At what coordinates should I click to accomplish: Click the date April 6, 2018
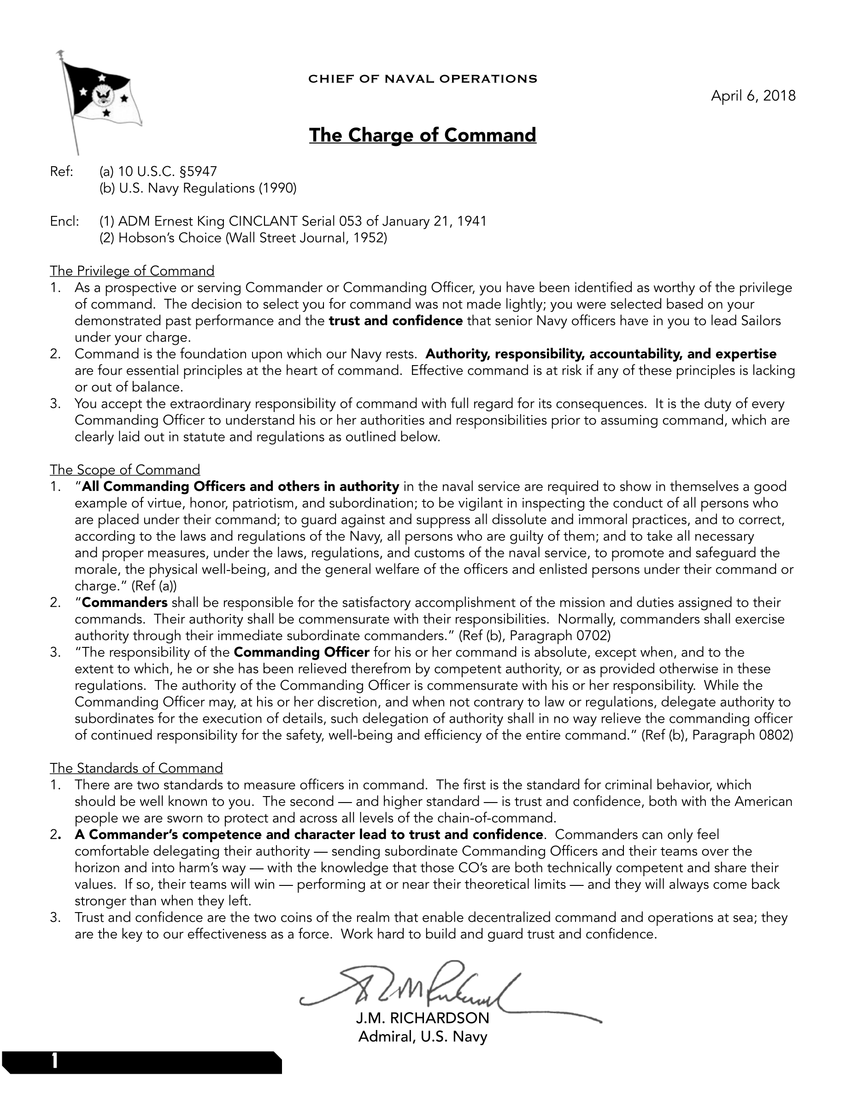753,96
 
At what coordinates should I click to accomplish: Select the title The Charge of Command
423,135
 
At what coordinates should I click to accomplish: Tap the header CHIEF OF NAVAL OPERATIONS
423,79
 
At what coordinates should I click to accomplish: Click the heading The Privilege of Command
132,271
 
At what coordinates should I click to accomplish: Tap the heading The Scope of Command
125,470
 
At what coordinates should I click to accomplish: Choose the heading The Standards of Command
136,768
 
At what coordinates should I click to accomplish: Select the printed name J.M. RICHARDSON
423,1018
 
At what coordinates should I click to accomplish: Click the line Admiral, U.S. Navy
423,1036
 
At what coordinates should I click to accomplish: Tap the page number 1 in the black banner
54,1061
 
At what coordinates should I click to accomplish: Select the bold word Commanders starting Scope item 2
125,603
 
